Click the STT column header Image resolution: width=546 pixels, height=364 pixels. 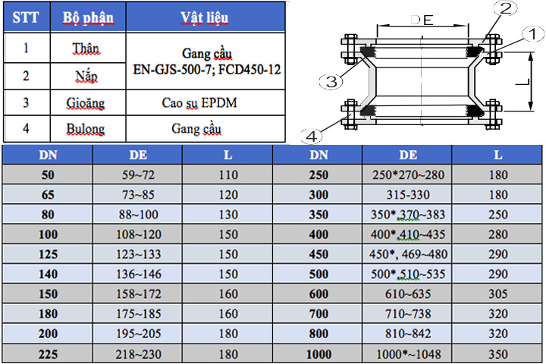pyautogui.click(x=26, y=17)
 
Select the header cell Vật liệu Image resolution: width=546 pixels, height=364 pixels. pyautogui.click(x=205, y=17)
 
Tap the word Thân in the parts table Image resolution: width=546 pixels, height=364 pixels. pyautogui.click(x=86, y=49)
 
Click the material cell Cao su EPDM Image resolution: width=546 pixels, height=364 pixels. pyautogui.click(x=199, y=103)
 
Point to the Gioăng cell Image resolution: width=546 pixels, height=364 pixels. pyautogui.click(x=86, y=103)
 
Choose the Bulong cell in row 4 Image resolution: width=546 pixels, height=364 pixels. pyautogui.click(x=86, y=129)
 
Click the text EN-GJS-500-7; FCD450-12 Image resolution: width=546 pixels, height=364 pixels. pyautogui.click(x=207, y=70)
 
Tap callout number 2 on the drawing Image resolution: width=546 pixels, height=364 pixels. pyautogui.click(x=506, y=8)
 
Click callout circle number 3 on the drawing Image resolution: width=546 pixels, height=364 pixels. pyautogui.click(x=331, y=82)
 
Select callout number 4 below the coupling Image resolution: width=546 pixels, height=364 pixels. pyautogui.click(x=312, y=136)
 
